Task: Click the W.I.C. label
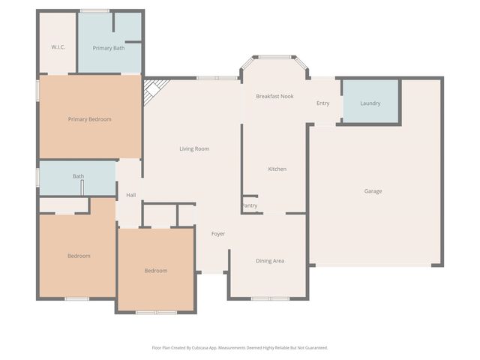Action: tap(58, 47)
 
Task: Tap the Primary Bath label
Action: tap(108, 48)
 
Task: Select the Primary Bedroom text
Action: tap(89, 118)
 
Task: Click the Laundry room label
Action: tap(370, 103)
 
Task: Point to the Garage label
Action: tap(373, 191)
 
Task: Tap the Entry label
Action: tap(322, 103)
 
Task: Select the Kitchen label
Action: tap(277, 169)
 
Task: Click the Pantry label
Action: tap(249, 205)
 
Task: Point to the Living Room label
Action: tap(194, 148)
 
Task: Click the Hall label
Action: tap(130, 195)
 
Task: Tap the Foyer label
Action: tap(217, 234)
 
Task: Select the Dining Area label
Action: tap(270, 261)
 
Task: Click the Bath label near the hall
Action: tap(78, 176)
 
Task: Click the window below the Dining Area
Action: tap(270, 298)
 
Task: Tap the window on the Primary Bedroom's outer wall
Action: tap(38, 90)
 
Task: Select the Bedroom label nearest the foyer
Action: tap(155, 270)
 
